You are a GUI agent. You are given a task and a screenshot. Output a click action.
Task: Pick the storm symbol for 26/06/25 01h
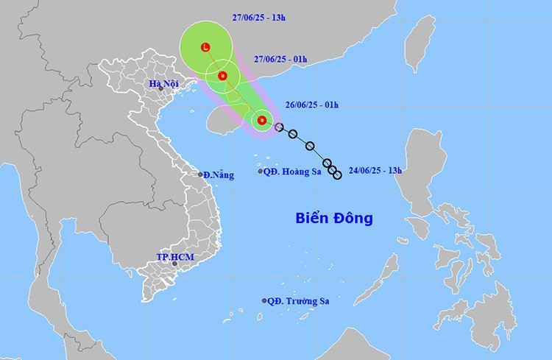(x=261, y=120)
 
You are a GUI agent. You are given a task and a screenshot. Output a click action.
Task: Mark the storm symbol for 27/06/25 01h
(x=222, y=75)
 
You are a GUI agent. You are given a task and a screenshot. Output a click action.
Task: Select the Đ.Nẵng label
(x=219, y=175)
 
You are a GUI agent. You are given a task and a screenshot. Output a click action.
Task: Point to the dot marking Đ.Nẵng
(x=200, y=174)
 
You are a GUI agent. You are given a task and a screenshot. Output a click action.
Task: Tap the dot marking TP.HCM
(x=174, y=264)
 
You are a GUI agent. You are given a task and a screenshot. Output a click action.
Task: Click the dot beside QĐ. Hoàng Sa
(x=261, y=172)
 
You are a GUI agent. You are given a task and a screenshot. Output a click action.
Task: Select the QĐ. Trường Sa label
(x=297, y=301)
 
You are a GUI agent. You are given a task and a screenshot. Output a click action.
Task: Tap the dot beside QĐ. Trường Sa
(x=264, y=300)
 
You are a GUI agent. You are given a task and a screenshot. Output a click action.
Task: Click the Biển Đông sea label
(x=334, y=219)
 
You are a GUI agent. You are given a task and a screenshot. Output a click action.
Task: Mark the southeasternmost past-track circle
(x=337, y=175)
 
